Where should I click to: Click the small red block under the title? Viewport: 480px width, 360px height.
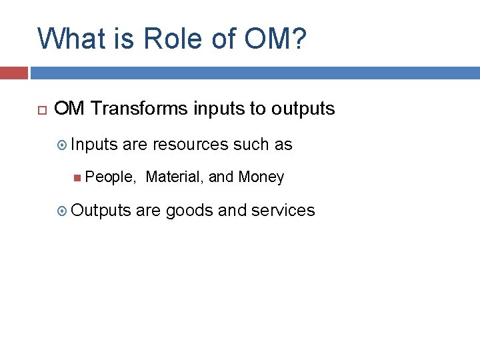click(x=13, y=73)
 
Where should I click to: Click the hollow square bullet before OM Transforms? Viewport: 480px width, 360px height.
click(x=39, y=109)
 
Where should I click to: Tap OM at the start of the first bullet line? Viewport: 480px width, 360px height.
click(x=69, y=109)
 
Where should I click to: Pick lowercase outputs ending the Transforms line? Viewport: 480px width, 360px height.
click(x=303, y=109)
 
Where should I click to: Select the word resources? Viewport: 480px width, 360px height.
click(x=191, y=145)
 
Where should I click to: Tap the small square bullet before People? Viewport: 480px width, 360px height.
click(x=79, y=177)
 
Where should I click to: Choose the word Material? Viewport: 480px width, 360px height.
click(x=175, y=177)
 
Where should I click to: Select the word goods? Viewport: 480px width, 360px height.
click(x=189, y=211)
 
